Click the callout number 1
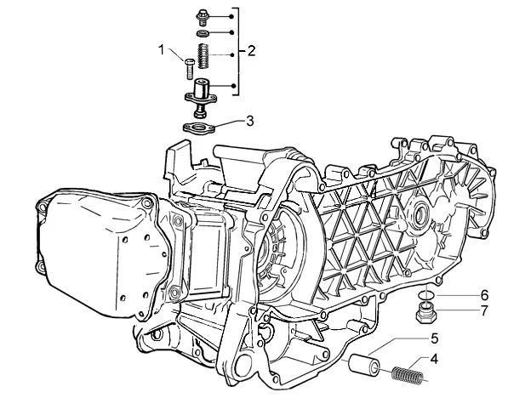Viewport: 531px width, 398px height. tap(162, 50)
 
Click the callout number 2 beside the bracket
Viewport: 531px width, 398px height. tap(251, 51)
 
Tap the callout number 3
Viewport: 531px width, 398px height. tap(249, 121)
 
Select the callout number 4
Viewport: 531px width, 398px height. tap(434, 359)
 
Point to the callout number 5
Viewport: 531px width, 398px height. tap(435, 338)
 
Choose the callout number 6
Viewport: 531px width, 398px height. tap(484, 295)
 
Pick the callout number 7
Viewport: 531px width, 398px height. tap(484, 310)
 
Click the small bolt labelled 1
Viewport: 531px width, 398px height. tap(189, 69)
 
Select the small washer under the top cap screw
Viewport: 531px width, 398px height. tap(203, 33)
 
